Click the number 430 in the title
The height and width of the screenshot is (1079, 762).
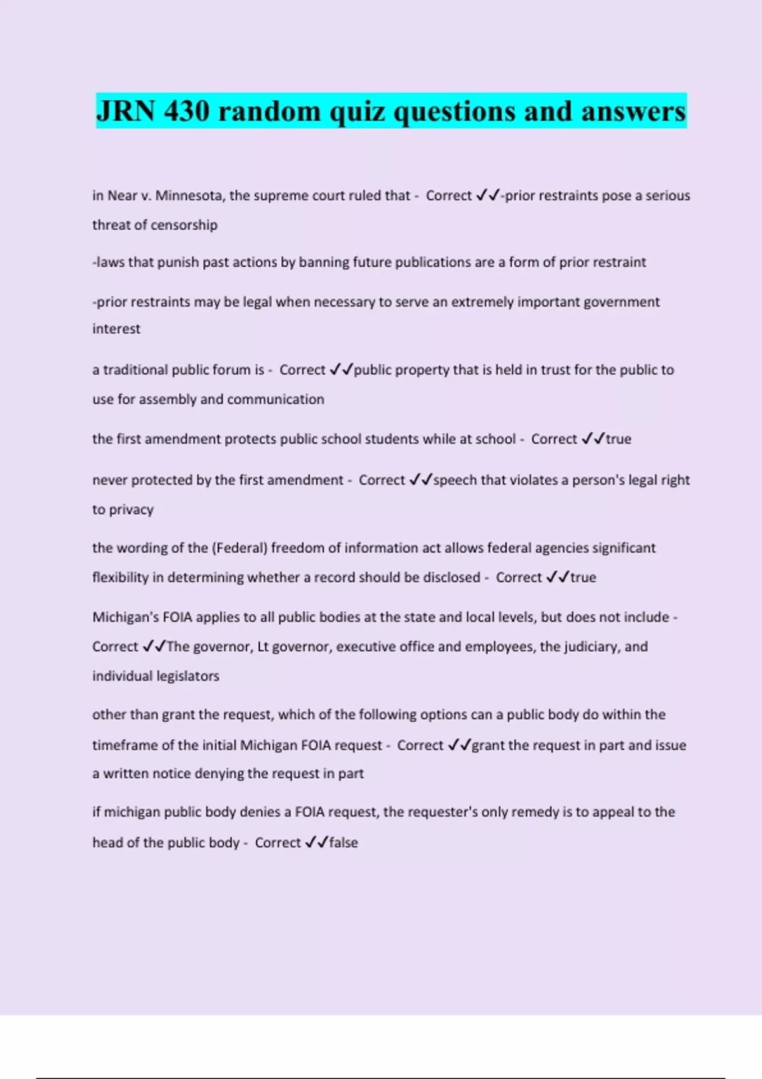tap(186, 112)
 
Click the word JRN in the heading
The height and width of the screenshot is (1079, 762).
tap(126, 112)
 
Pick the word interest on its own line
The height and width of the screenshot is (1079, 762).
tap(116, 329)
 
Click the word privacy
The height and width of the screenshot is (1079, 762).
tap(131, 510)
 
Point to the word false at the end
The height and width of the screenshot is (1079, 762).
tap(344, 843)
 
